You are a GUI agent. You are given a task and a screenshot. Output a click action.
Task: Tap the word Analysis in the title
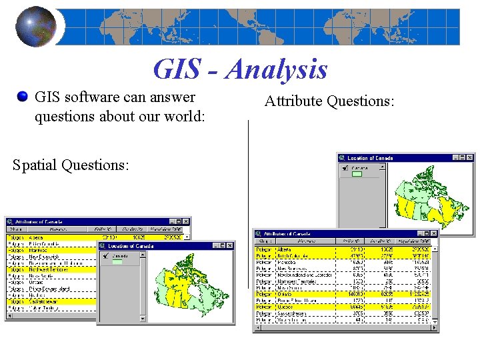(x=276, y=69)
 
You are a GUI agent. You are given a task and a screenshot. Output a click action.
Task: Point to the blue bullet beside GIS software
(x=24, y=98)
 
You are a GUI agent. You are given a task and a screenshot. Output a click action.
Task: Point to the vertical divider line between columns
(x=248, y=200)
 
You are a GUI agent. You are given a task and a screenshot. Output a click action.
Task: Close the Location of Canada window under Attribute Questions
(x=470, y=157)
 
